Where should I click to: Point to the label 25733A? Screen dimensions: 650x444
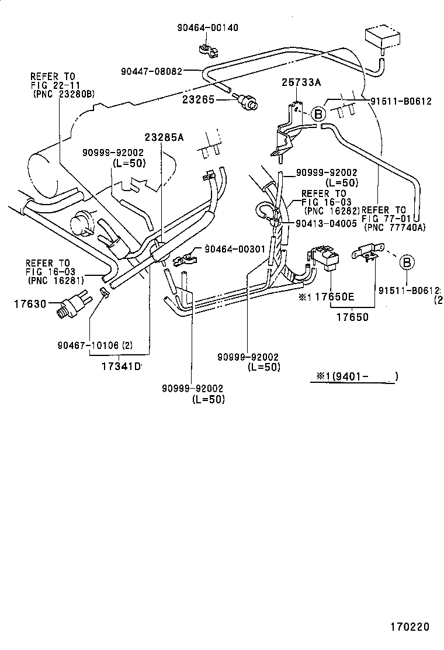[x=301, y=82]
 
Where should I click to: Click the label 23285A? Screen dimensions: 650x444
[x=164, y=137]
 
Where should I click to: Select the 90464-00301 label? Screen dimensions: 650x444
[x=235, y=249]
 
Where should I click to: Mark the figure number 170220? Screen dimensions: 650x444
[x=410, y=627]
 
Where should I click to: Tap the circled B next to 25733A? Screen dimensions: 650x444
[x=318, y=114]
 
